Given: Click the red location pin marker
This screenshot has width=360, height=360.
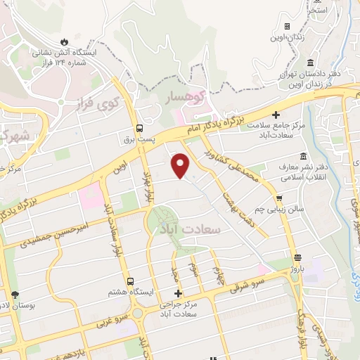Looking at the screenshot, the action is point(181,164).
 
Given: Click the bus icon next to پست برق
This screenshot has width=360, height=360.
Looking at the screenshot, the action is point(140,129).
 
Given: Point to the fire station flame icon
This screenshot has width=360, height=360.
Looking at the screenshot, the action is point(65,41).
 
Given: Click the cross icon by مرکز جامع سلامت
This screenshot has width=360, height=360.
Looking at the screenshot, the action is point(276,115).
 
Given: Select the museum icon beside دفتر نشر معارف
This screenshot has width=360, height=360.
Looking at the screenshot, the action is point(303,155).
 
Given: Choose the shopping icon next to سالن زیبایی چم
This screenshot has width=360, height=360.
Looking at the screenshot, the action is point(281,198).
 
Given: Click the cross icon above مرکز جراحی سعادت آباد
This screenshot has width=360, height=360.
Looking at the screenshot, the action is point(179,293).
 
